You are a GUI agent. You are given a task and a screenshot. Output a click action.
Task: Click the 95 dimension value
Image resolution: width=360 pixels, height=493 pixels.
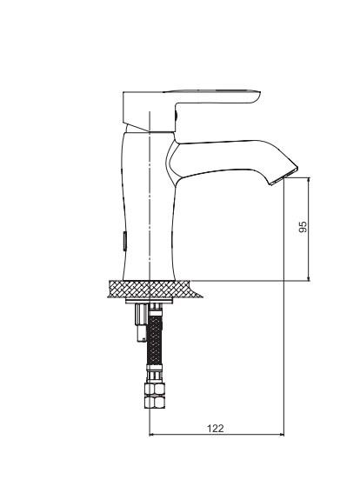[x=303, y=226]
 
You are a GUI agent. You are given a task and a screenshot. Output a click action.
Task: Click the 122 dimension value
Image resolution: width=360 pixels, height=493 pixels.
[x=216, y=429]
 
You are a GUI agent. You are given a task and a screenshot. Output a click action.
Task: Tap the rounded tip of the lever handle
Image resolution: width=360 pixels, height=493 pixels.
[x=257, y=97]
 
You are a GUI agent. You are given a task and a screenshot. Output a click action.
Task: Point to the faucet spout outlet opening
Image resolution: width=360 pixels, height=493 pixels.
[x=283, y=177]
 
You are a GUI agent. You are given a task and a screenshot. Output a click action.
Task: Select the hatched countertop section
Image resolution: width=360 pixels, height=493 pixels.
[x=154, y=290]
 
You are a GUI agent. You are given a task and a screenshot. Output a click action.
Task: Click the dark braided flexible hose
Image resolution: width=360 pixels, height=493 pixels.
[x=155, y=340]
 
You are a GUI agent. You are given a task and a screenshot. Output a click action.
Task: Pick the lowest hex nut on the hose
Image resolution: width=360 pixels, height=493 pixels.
[x=155, y=402]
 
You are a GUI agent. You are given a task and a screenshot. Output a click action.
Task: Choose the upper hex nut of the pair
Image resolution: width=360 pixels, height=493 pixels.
[x=155, y=389]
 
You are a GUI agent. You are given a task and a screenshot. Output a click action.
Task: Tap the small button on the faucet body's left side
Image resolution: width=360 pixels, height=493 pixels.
[x=124, y=241]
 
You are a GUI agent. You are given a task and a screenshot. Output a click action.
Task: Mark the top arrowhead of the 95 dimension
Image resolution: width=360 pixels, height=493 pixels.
[x=309, y=180]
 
